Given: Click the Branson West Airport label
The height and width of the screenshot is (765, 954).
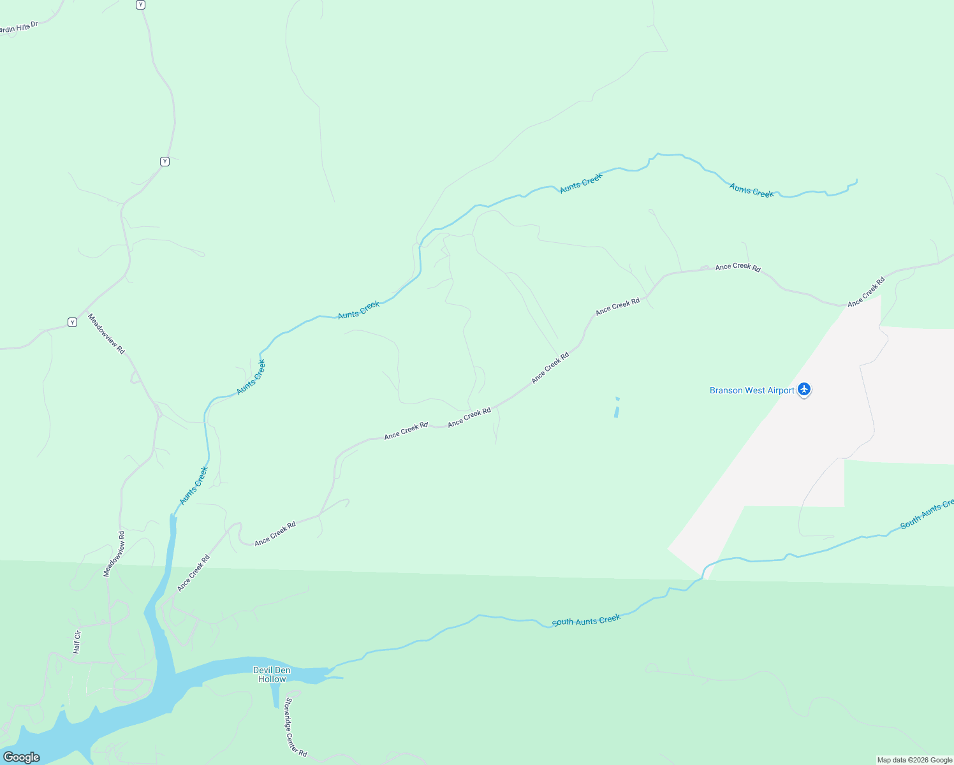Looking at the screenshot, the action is click(752, 390).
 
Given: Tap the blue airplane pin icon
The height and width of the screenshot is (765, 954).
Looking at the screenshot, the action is click(804, 389).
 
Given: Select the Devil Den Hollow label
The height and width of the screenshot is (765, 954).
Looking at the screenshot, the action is click(272, 674).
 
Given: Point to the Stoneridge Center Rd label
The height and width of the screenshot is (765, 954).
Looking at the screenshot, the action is click(296, 727).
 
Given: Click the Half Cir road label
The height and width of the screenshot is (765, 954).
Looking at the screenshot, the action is click(77, 642).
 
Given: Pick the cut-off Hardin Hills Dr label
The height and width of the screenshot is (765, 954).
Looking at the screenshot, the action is click(18, 28).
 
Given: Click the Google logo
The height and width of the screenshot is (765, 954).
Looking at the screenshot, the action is click(22, 757).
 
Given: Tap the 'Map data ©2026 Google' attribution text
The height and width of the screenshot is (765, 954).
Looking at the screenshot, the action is click(914, 760).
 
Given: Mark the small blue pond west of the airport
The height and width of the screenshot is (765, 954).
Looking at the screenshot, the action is click(617, 408).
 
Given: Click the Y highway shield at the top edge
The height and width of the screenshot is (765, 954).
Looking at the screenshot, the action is click(140, 4).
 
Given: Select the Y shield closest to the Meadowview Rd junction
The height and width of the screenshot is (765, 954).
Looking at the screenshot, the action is click(72, 322).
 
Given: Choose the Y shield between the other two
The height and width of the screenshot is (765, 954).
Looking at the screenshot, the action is click(165, 161).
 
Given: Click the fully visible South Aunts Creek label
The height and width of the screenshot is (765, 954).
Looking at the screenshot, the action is click(586, 620).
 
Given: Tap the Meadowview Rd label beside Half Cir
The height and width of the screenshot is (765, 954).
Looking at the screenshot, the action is click(115, 554).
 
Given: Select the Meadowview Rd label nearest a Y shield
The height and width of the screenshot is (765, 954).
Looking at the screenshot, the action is click(106, 334).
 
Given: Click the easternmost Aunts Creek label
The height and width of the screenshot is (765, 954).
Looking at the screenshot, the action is click(751, 190).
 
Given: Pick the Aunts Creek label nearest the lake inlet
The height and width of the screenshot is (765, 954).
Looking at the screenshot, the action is click(194, 486).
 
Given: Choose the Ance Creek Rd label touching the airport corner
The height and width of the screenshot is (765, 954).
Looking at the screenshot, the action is click(866, 292).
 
